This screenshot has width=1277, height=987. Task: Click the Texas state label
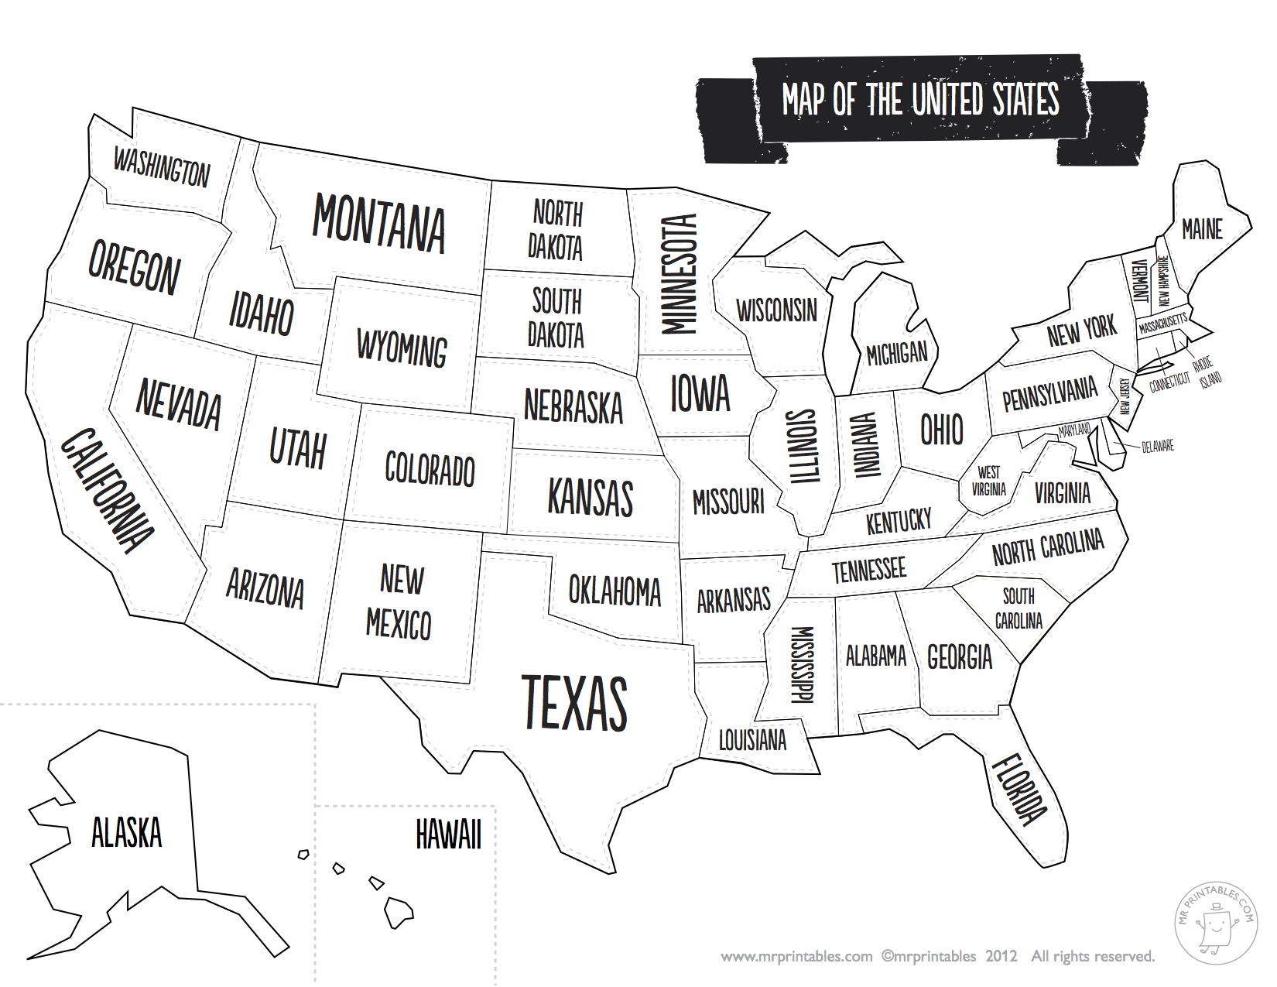574,703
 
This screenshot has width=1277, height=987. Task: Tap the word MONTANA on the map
378,224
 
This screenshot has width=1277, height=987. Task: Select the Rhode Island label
1207,372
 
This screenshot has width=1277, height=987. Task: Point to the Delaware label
1158,447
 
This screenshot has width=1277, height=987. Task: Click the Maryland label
1075,430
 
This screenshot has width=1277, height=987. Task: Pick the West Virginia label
988,481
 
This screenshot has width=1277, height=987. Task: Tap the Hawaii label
448,834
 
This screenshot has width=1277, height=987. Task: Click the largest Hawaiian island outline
399,912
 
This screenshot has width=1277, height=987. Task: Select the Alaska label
126,833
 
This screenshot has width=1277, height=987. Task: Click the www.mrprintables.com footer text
796,957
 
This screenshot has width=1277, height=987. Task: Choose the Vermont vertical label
1139,280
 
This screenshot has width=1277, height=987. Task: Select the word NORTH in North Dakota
557,213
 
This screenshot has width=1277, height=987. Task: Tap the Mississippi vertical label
803,664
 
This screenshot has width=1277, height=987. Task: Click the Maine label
1202,229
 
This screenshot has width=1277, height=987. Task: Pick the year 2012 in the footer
1001,957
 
